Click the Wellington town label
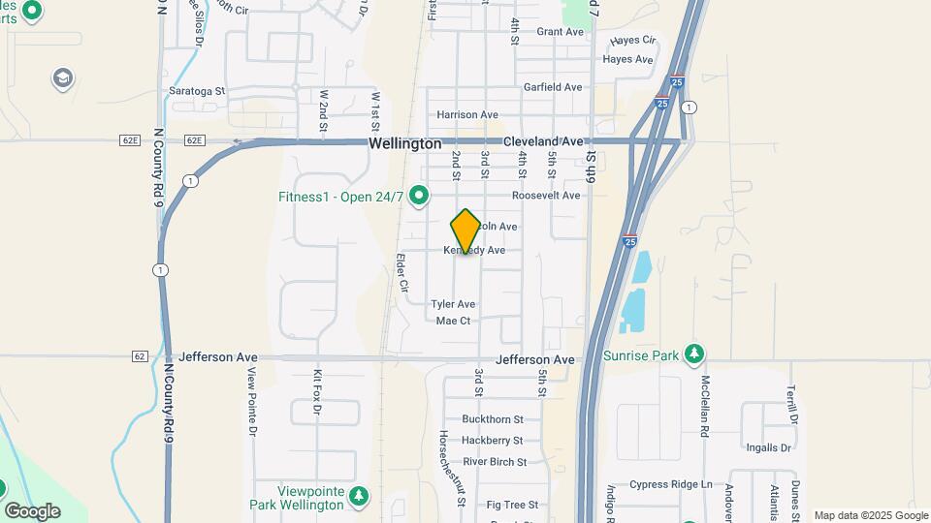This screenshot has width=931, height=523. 405,143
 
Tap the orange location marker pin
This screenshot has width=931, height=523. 465,231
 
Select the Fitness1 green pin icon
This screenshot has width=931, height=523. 419,198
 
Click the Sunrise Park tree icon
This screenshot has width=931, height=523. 693,354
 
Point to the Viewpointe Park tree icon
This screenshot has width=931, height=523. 359,497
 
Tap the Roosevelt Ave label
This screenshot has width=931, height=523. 546,195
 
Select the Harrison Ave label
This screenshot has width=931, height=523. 467,114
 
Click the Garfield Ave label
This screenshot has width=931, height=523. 553,87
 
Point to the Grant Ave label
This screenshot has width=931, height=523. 561,32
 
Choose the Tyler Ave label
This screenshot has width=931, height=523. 454,304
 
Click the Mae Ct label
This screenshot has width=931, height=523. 453,321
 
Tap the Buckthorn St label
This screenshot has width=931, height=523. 493,419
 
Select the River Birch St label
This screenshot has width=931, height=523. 495,462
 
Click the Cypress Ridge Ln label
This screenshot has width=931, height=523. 671,484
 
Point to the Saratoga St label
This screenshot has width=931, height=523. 197,91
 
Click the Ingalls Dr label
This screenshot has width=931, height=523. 769,447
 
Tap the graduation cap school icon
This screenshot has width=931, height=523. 63,78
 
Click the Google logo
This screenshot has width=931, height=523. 32,510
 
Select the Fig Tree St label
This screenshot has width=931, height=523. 512,505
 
